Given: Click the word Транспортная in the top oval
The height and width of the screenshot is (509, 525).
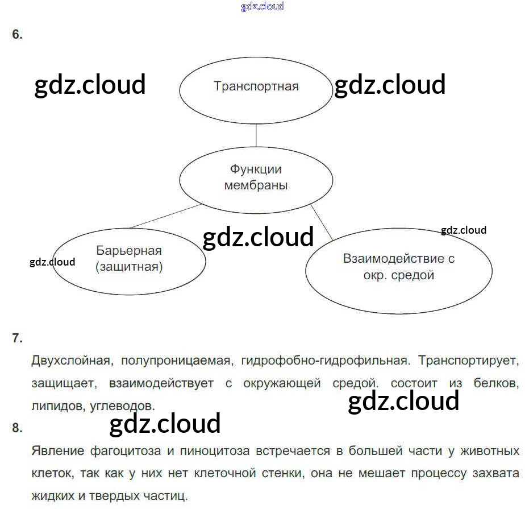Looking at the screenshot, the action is [x=256, y=86].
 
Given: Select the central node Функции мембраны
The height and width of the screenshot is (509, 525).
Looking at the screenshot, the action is [x=256, y=177].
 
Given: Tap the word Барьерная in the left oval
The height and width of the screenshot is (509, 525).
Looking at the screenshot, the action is [x=129, y=251].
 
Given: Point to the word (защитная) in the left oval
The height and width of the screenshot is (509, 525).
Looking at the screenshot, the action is [x=129, y=267].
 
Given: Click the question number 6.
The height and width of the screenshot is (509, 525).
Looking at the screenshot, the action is [x=17, y=35].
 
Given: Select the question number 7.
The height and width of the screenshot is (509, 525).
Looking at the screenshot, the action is [x=17, y=338].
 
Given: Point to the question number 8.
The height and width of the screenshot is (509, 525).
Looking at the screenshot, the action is [x=17, y=428].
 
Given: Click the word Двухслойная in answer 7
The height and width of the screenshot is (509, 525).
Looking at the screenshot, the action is [x=68, y=361].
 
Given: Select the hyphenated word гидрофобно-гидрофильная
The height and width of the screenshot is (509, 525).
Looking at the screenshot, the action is [x=324, y=361].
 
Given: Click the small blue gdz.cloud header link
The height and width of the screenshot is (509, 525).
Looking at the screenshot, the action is [x=262, y=7].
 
